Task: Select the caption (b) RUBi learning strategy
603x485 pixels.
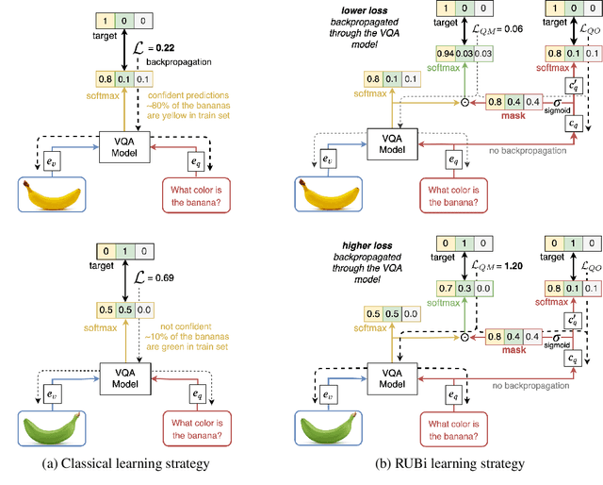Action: coord(449,463)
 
